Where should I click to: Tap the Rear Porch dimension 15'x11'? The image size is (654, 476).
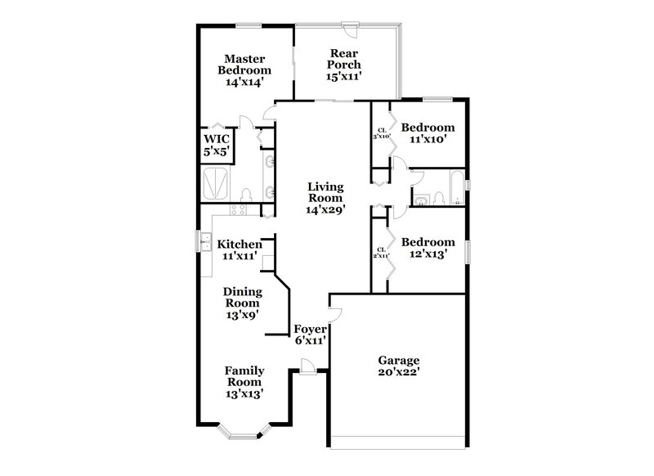click(345, 76)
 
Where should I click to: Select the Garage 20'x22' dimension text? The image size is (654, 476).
click(398, 372)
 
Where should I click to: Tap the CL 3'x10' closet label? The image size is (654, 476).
click(381, 132)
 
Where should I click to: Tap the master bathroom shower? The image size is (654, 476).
click(217, 182)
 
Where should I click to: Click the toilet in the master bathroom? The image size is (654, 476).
click(245, 195)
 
